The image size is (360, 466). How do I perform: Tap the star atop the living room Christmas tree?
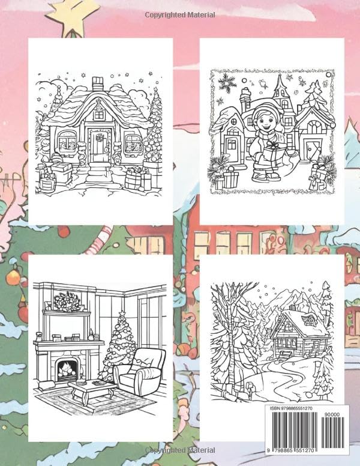point(121,315)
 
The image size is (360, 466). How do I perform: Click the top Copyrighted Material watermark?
point(180,13)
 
